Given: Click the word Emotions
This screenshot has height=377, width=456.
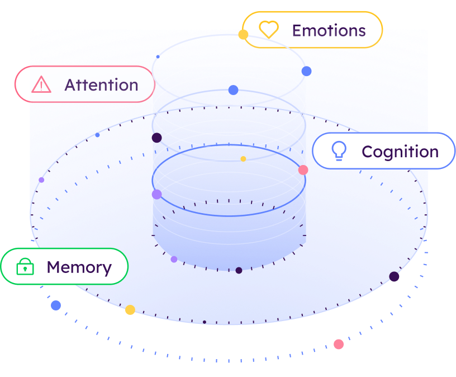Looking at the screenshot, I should pyautogui.click(x=329, y=30).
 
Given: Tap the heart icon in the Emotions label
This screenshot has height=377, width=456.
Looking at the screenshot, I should pyautogui.click(x=269, y=30).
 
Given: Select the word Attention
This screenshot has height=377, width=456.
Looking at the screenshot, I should pyautogui.click(x=101, y=85).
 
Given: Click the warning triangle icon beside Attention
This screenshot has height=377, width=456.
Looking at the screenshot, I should pyautogui.click(x=41, y=84).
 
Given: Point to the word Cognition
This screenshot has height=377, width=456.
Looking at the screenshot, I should pyautogui.click(x=400, y=152).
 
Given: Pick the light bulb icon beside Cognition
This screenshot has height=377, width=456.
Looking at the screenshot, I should pyautogui.click(x=339, y=151).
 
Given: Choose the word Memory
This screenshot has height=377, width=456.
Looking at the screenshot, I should pyautogui.click(x=79, y=267).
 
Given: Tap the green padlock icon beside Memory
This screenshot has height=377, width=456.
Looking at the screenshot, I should pyautogui.click(x=25, y=267).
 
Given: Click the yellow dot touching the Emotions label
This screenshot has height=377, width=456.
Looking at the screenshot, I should pyautogui.click(x=243, y=35).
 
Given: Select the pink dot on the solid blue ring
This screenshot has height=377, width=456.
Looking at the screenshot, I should pyautogui.click(x=303, y=170).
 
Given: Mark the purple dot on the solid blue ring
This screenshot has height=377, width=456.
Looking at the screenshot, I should pyautogui.click(x=157, y=194).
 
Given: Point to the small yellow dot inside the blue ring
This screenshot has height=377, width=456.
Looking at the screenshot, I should pyautogui.click(x=243, y=159).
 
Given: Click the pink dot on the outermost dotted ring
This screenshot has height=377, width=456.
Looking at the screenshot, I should pyautogui.click(x=339, y=344).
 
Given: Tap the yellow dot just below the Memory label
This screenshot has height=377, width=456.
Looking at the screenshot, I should pyautogui.click(x=130, y=310).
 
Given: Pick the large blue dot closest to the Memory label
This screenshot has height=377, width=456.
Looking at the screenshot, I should pyautogui.click(x=56, y=305).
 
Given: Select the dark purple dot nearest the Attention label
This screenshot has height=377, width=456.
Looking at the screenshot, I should pyautogui.click(x=157, y=138).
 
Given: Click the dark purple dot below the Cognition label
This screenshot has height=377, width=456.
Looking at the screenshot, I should pyautogui.click(x=394, y=276).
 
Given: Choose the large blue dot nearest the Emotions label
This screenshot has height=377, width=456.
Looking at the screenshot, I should pyautogui.click(x=306, y=71).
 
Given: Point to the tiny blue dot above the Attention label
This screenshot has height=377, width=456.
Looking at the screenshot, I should pyautogui.click(x=158, y=56).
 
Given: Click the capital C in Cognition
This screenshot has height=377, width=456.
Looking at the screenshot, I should pyautogui.click(x=368, y=152).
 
